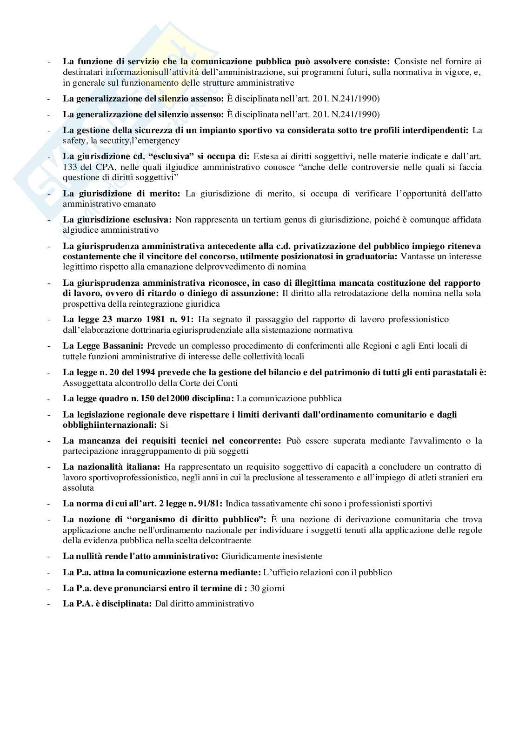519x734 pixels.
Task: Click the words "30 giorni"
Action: point(267,588)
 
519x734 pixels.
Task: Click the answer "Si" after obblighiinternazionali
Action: point(164,425)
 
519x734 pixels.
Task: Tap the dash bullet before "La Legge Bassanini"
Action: point(49,346)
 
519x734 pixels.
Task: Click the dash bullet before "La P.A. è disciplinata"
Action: point(49,604)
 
